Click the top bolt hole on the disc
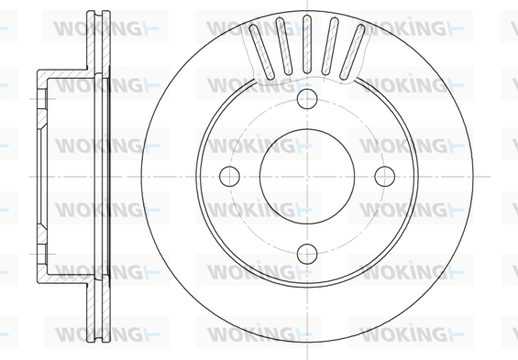click(x=307, y=99)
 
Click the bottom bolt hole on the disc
click(x=307, y=254)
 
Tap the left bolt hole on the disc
click(x=229, y=176)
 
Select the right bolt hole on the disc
click(x=385, y=176)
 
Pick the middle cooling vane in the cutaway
click(x=307, y=44)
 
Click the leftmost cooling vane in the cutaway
click(x=261, y=52)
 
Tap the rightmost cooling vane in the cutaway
click(x=352, y=52)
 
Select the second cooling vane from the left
click(x=284, y=46)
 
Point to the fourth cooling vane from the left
click(x=330, y=46)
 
